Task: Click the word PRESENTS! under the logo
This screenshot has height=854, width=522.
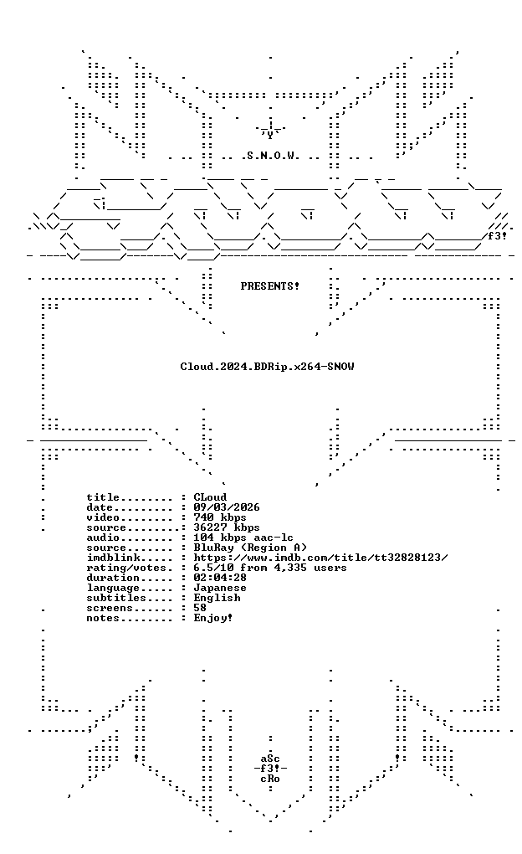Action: (270, 286)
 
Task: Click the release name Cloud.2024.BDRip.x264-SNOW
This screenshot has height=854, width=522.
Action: (267, 367)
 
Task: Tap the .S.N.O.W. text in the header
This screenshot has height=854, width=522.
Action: (270, 156)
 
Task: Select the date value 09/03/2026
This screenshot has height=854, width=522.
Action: (227, 507)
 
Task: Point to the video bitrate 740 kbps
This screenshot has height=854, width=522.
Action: (220, 517)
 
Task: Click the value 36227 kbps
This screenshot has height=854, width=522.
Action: (227, 527)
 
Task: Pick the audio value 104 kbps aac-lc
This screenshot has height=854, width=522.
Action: (243, 538)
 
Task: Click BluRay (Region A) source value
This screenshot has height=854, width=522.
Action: (250, 548)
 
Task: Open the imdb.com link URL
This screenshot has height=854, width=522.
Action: (320, 558)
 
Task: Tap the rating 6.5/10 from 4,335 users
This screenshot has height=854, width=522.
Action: (270, 568)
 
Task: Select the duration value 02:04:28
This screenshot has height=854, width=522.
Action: (220, 578)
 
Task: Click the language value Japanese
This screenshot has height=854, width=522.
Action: (220, 589)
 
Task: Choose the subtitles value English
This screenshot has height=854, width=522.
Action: (217, 598)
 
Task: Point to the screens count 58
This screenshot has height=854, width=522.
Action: (200, 608)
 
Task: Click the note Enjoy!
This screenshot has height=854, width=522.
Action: (213, 618)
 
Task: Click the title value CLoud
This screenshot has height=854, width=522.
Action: (210, 497)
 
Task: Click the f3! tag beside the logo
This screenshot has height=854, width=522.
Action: (497, 236)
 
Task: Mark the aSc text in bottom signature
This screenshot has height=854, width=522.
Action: (270, 759)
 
